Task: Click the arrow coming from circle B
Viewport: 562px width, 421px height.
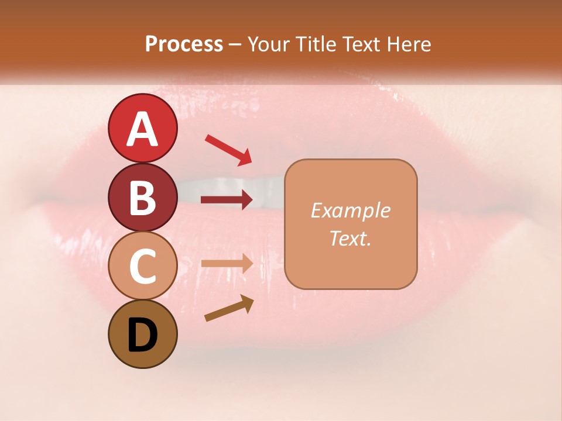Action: click(227, 200)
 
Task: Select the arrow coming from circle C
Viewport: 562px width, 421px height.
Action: click(227, 263)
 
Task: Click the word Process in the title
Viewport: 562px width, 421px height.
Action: click(184, 44)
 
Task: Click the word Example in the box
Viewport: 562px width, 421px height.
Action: click(350, 210)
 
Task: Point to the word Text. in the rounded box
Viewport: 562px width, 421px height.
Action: click(350, 239)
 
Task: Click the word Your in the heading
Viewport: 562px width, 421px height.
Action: click(266, 44)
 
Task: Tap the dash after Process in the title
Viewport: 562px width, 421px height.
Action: click(235, 45)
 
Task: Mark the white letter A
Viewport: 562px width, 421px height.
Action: click(142, 129)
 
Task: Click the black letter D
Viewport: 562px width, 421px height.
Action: click(142, 335)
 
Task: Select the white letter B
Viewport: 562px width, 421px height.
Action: click(142, 198)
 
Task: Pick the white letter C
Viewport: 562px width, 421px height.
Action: click(142, 266)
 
